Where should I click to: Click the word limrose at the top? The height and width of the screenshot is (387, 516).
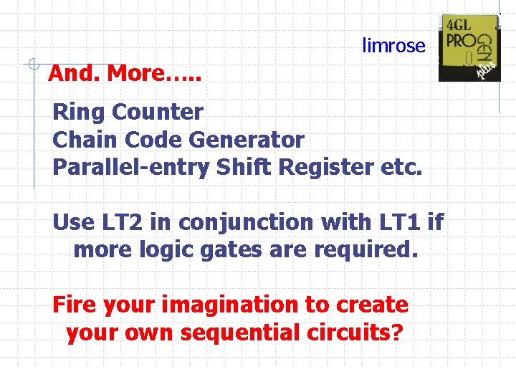coord(393,46)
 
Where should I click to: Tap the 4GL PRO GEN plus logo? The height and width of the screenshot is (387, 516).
coord(469,48)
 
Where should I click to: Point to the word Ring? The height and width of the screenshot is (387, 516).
coord(79,113)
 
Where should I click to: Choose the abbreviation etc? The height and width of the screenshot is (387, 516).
coord(403,167)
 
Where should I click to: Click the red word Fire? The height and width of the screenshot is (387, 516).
coord(75,305)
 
